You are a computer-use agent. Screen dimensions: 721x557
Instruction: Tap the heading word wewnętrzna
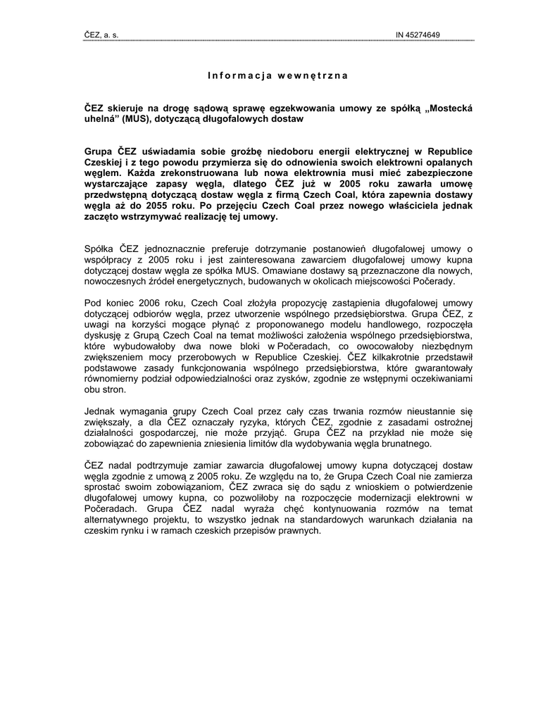(313, 75)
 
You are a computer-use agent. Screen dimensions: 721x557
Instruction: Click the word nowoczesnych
(117, 281)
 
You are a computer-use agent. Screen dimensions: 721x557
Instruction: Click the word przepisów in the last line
(251, 530)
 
